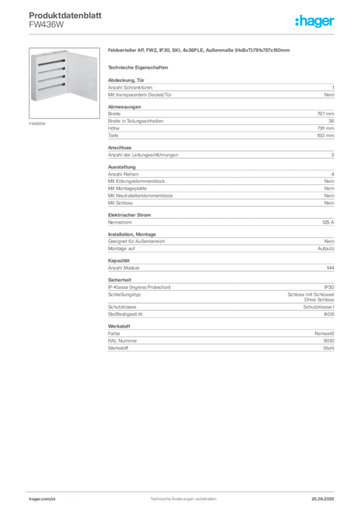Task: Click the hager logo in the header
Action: (x=314, y=21)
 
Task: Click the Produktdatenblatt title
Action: (x=65, y=15)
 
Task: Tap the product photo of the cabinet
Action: (x=64, y=83)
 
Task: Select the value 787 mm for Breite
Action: (x=325, y=114)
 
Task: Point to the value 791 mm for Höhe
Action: (x=326, y=128)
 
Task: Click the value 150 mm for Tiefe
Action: (x=325, y=135)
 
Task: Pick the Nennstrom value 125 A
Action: (x=328, y=222)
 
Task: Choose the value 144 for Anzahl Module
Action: (x=330, y=268)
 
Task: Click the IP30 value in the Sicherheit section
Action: (x=329, y=287)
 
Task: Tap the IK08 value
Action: (x=329, y=314)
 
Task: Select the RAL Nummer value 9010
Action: (x=329, y=341)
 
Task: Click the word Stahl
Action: (x=329, y=348)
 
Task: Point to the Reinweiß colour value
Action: (x=324, y=334)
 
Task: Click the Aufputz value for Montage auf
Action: (x=326, y=249)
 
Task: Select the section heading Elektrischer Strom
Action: (x=129, y=215)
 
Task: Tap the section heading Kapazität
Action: (x=118, y=260)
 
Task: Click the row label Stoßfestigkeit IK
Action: (x=125, y=314)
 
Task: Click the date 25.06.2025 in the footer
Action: (x=323, y=499)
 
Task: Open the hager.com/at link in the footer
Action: (x=42, y=499)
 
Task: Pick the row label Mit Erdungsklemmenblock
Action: (x=136, y=181)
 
